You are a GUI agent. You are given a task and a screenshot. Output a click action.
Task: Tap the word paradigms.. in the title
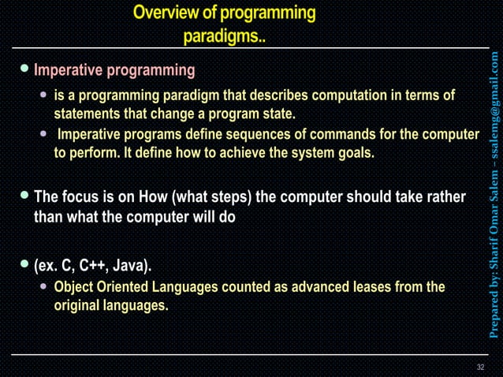coord(225,36)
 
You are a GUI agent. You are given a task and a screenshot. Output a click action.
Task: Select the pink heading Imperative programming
coord(114,71)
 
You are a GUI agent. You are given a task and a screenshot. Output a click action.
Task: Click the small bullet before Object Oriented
coord(44,287)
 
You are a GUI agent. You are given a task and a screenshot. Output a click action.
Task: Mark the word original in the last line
coord(79,305)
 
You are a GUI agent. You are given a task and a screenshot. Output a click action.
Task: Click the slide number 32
coord(480,368)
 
